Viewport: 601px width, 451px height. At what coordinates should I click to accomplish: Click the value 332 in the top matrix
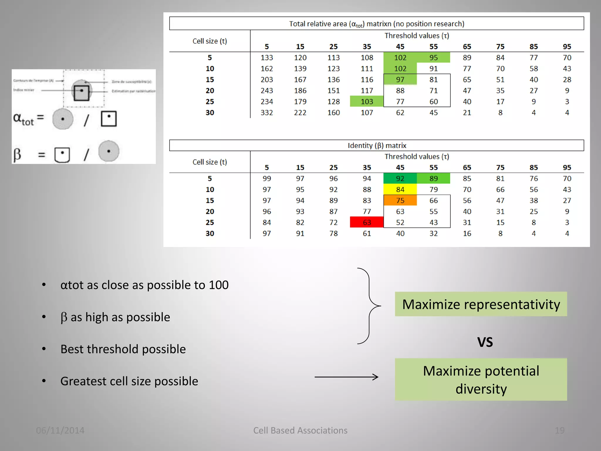(x=266, y=113)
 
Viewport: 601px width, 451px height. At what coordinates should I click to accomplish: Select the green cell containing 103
(x=367, y=102)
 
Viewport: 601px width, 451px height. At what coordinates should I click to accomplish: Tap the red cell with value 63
(x=367, y=223)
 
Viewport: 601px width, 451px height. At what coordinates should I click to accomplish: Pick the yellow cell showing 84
(x=400, y=190)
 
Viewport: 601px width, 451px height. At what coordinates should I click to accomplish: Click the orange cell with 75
(x=400, y=201)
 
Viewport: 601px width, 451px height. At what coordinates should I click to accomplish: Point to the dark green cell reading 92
(x=400, y=179)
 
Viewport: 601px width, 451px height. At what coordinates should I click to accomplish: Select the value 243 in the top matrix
(x=266, y=91)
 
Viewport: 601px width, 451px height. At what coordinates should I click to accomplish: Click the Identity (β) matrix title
(x=377, y=146)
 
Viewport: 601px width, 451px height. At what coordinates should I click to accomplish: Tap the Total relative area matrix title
(x=377, y=24)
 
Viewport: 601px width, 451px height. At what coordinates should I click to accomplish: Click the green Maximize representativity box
(x=481, y=304)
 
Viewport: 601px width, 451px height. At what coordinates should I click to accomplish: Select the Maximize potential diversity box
(x=481, y=380)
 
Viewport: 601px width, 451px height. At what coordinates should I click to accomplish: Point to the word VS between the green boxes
(x=485, y=342)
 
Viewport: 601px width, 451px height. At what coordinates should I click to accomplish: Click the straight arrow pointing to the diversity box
(x=346, y=377)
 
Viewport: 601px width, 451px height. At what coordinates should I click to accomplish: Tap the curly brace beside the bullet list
(x=369, y=306)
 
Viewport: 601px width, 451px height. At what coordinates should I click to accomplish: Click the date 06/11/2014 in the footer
(x=60, y=430)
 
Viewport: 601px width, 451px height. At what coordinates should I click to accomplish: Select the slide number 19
(x=559, y=430)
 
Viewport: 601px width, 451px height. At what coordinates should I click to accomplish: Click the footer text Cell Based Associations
(x=300, y=430)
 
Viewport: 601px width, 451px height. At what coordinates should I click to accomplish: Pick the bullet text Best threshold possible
(x=123, y=349)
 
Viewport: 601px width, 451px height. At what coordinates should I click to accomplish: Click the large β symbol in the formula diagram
(x=17, y=154)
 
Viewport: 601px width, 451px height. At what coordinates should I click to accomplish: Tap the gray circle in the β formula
(x=109, y=152)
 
